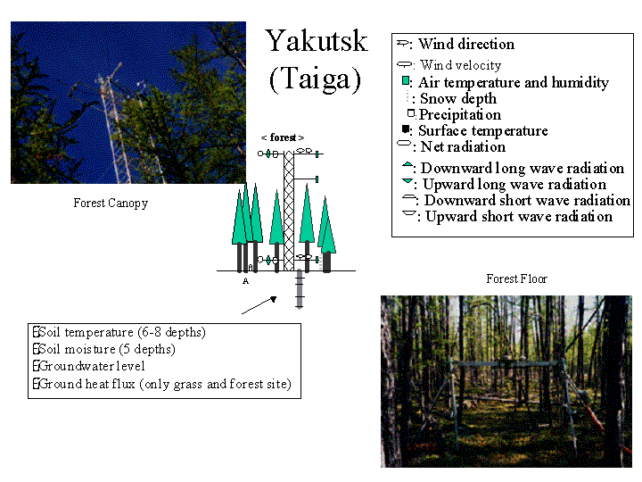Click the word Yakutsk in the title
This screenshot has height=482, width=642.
[x=316, y=42]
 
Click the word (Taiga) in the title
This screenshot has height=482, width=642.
[x=315, y=79]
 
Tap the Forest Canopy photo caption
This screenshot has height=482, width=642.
[x=111, y=204]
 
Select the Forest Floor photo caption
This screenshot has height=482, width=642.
[x=517, y=279]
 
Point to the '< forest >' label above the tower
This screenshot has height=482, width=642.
[x=283, y=137]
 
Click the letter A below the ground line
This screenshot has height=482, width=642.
[x=244, y=280]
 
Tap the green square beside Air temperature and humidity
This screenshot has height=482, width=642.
[x=406, y=81]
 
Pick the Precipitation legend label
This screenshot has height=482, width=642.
[x=460, y=114]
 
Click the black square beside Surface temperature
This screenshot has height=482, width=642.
[x=405, y=129]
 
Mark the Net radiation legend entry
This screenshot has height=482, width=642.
[x=462, y=146]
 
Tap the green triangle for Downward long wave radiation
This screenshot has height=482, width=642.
[x=407, y=165]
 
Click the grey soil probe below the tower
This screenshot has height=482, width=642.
[x=300, y=290]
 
